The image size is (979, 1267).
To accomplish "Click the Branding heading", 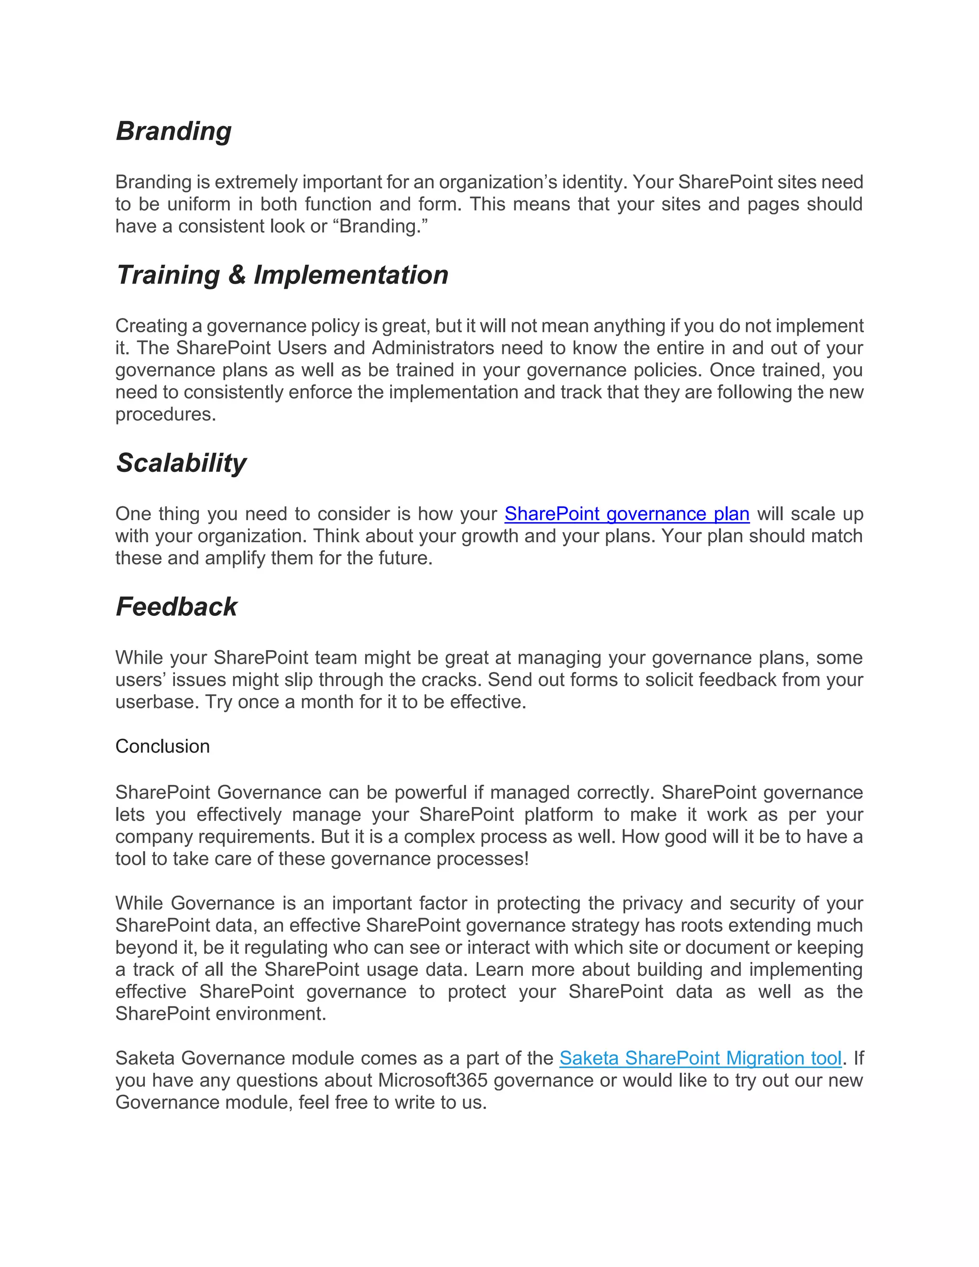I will [x=174, y=131].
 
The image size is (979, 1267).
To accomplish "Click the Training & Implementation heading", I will [x=283, y=275].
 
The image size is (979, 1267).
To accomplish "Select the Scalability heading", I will [x=181, y=463].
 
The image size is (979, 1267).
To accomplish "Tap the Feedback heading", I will [x=176, y=607].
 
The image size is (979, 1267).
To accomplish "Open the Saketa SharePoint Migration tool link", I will [x=700, y=1058].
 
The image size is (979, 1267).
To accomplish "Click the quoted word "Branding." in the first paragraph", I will [x=381, y=226].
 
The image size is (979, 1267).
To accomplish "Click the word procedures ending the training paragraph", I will [x=165, y=414].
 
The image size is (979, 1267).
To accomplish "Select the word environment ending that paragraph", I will [x=270, y=1014].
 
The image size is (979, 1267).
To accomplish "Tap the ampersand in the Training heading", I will [x=237, y=275].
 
